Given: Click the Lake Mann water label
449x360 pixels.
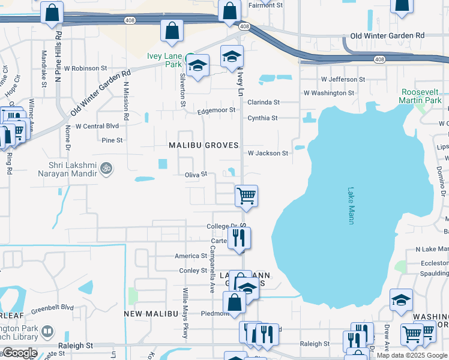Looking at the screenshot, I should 351,206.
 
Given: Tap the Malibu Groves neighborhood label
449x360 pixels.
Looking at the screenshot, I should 203,145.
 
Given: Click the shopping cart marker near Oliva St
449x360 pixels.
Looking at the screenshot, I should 246,196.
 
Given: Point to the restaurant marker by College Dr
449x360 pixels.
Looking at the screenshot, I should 240,238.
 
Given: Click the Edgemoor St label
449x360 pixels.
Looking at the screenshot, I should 217,111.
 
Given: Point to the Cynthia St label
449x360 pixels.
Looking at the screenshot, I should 263,118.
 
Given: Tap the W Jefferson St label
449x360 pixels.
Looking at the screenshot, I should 343,79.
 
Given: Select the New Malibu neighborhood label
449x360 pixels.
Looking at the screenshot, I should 151,314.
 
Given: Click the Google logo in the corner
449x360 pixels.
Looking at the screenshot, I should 19,353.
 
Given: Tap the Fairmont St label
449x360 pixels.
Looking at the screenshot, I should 265,5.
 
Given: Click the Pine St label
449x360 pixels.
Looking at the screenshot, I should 112,140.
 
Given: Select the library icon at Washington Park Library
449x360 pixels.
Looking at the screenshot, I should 47,331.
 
